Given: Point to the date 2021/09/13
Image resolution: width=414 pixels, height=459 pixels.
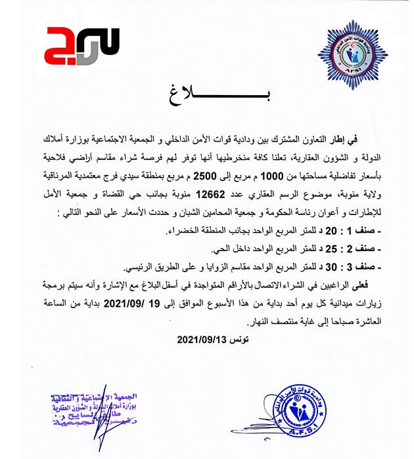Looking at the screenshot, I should [202, 340].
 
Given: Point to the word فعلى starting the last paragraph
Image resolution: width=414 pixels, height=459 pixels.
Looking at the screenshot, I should [383, 284].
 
